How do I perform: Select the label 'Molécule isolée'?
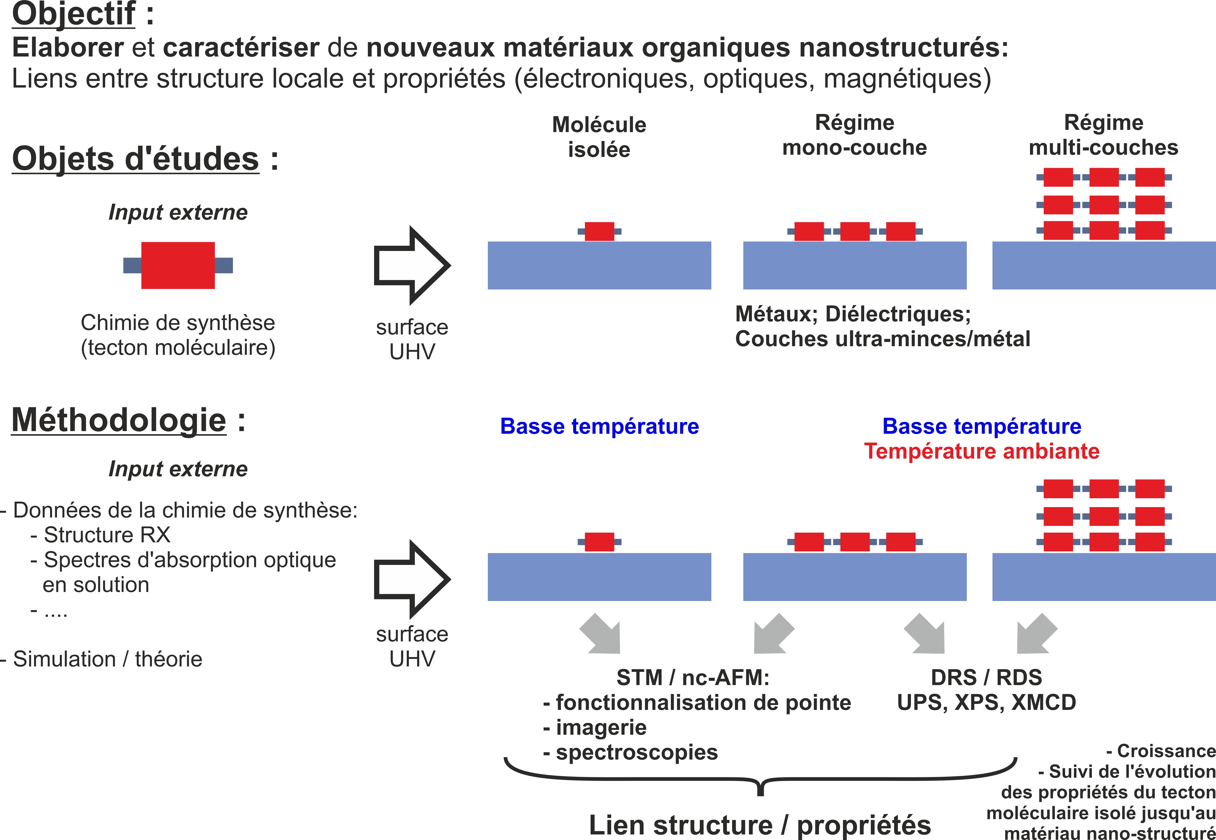[x=599, y=137]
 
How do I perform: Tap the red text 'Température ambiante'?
[x=982, y=451]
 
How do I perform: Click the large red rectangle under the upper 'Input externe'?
[x=178, y=265]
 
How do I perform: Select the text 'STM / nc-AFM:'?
[x=693, y=677]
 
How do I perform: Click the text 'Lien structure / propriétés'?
[x=760, y=825]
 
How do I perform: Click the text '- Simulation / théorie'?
[x=102, y=659]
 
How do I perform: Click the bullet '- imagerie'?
[x=595, y=727]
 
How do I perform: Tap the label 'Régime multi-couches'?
[x=1103, y=135]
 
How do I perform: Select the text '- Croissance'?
[x=1161, y=750]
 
